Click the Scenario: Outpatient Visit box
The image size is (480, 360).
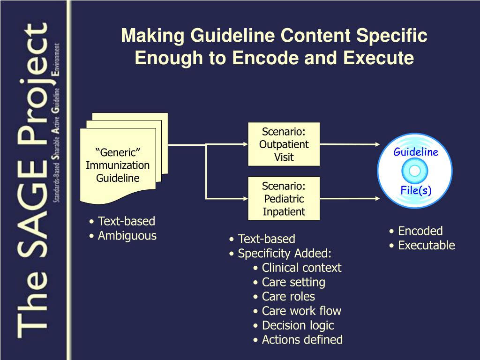(x=284, y=144)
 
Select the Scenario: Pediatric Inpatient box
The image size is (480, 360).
(x=284, y=199)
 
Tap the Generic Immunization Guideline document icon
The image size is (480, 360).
(x=118, y=165)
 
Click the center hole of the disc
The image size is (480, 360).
(x=415, y=171)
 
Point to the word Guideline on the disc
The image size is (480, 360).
(x=415, y=152)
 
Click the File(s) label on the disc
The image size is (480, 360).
(x=415, y=190)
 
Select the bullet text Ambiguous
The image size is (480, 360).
(x=127, y=236)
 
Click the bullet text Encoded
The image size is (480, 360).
(x=420, y=231)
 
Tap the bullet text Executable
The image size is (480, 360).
(x=426, y=245)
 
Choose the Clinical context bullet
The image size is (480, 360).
(x=301, y=268)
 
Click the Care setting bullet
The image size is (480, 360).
(x=293, y=282)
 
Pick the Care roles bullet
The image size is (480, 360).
(x=288, y=297)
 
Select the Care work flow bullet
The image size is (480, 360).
(x=301, y=311)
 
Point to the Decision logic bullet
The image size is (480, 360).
(x=298, y=325)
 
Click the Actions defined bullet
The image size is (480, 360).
(x=302, y=339)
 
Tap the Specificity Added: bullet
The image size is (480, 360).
(x=284, y=254)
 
